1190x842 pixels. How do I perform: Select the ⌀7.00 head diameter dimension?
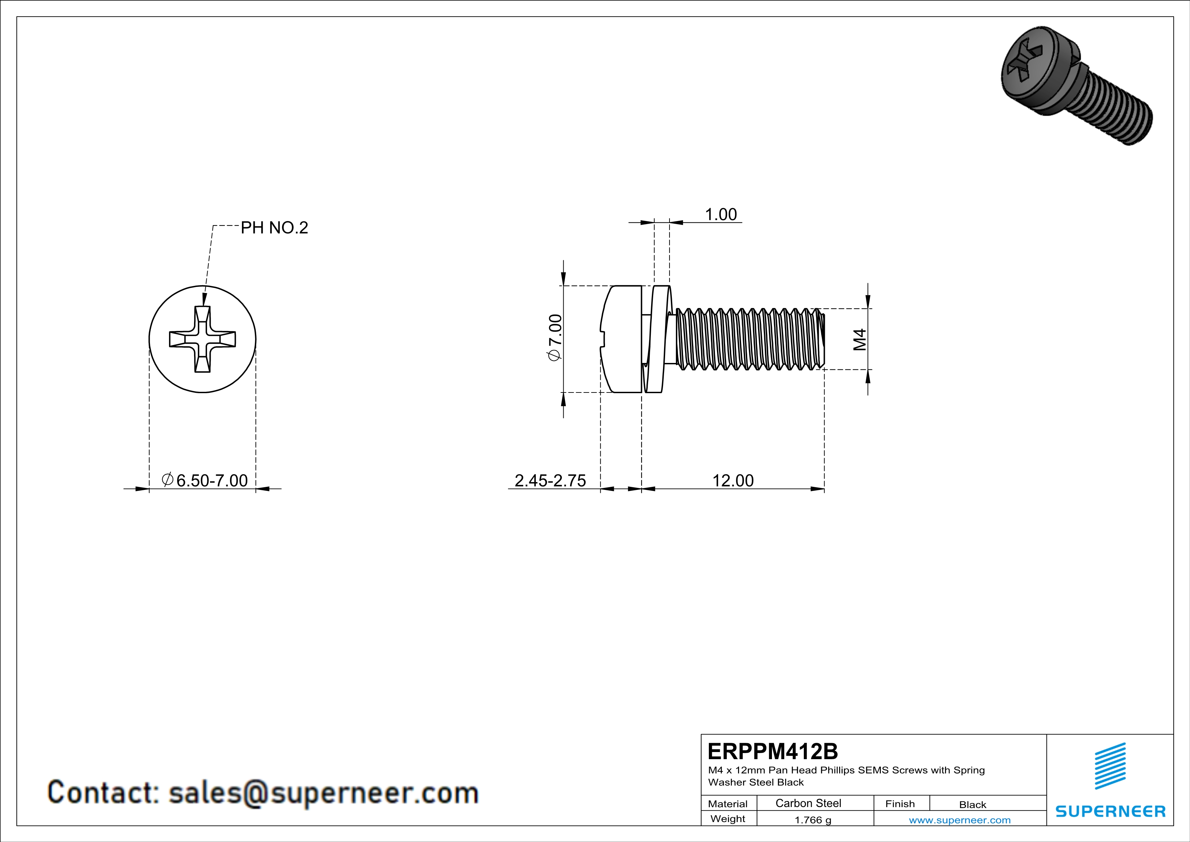(x=554, y=338)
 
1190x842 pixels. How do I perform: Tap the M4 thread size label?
(x=859, y=340)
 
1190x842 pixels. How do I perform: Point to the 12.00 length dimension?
(x=733, y=481)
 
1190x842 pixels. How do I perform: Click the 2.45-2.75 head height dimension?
(x=550, y=481)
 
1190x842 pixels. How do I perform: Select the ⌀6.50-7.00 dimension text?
(x=205, y=481)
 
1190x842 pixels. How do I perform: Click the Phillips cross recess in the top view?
(x=203, y=339)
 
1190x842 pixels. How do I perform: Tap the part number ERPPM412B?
(x=772, y=751)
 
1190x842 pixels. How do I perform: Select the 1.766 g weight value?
(x=813, y=820)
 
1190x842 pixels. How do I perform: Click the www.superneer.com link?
(x=959, y=820)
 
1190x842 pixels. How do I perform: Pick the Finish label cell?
(x=900, y=804)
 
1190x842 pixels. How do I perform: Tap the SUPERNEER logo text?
(x=1110, y=811)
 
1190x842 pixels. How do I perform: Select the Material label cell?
(x=728, y=804)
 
